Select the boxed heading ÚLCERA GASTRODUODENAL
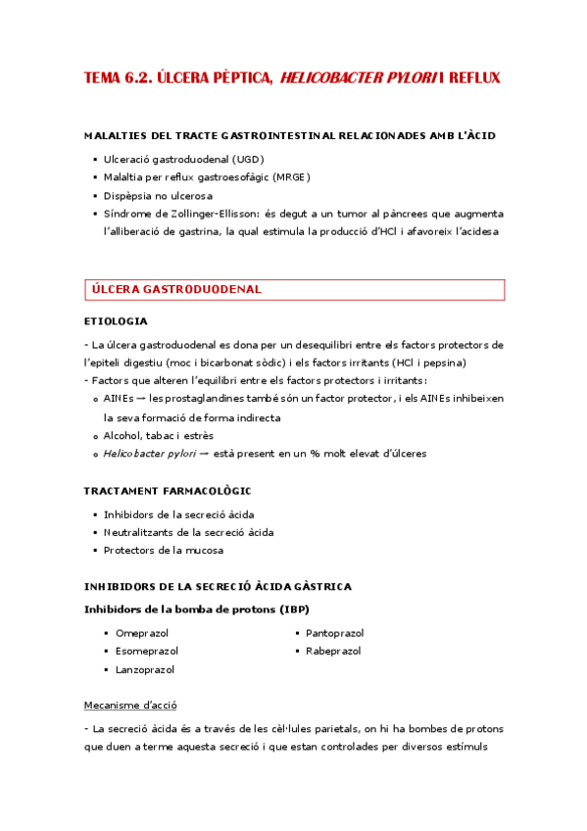tap(175, 290)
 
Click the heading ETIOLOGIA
tap(117, 320)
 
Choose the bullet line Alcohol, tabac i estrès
tap(158, 435)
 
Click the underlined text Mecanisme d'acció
tap(130, 706)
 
